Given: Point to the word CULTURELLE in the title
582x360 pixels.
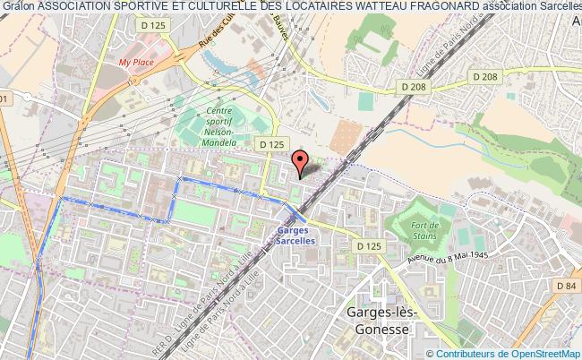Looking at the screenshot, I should [183, 7].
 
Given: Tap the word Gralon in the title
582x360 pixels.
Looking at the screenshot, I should [18, 7].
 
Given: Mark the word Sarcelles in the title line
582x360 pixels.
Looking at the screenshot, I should [557, 7].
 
